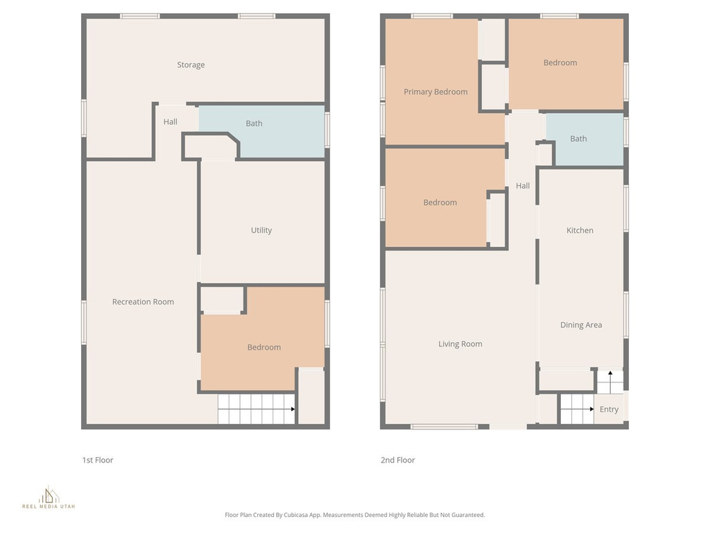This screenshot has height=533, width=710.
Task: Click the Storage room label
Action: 191,65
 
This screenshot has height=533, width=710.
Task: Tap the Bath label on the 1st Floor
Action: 254,124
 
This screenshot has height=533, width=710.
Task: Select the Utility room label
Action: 261,230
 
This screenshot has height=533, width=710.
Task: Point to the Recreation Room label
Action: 143,302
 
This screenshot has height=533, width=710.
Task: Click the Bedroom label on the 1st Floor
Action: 264,348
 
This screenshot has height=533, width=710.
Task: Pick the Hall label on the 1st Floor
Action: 171,122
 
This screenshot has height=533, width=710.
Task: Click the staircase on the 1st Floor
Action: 255,409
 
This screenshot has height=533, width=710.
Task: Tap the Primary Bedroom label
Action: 435,92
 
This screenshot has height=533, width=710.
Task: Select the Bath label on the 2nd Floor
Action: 578,139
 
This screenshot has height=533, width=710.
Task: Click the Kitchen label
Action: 580,230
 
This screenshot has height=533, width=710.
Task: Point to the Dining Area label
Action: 581,325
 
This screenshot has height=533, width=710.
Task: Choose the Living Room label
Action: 460,344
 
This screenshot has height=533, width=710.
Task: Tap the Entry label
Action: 609,409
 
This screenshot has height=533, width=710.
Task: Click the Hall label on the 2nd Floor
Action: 523,186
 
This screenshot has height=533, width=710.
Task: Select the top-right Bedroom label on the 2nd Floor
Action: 560,63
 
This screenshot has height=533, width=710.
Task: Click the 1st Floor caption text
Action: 98,460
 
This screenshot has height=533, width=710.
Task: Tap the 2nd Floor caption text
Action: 398,460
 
